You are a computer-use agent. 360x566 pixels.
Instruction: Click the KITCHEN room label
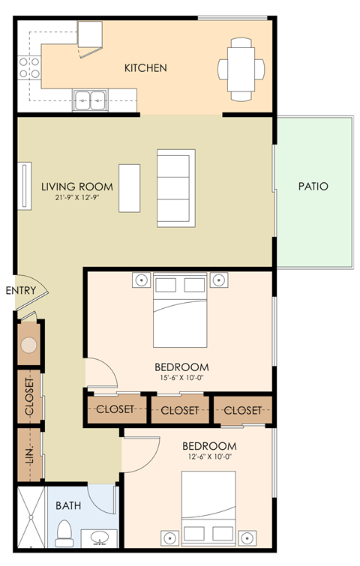tap(145, 68)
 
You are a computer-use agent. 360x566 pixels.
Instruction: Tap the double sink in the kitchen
tap(91, 97)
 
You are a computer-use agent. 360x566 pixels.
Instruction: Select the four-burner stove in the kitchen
tap(30, 67)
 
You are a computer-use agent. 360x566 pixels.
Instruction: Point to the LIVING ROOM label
tap(77, 187)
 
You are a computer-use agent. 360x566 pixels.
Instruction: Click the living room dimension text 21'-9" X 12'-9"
tap(77, 199)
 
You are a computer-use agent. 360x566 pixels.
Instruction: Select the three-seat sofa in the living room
tap(175, 187)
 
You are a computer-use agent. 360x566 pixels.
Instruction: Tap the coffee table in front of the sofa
tap(130, 187)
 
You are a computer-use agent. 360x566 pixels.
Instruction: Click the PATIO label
tap(313, 186)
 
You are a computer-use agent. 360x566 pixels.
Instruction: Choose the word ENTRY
tap(20, 290)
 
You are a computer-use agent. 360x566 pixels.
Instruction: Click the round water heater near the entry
tap(29, 345)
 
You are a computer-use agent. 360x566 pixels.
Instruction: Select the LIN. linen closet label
tap(30, 454)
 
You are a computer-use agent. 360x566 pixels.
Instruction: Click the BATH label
tap(68, 505)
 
